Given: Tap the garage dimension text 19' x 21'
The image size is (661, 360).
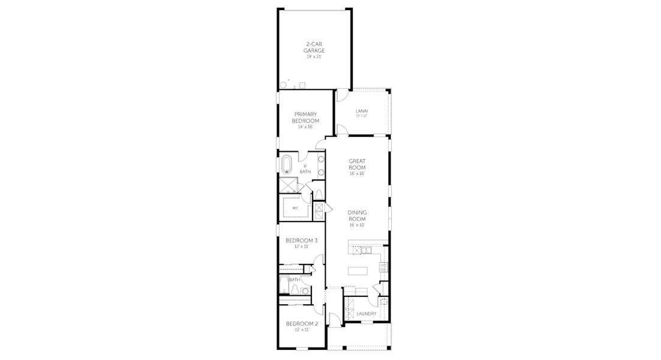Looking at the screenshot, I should pos(314,57).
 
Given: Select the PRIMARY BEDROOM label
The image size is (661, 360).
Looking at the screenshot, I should pos(305,117).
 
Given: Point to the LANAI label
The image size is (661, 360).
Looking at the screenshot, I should pos(361,111).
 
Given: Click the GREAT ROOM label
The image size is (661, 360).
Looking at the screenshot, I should pos(357,164).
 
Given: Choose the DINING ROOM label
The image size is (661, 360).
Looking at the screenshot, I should pos(357,215).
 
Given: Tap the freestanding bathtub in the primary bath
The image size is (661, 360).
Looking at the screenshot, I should pos(287,164).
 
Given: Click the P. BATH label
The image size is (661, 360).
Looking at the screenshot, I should pos(305,169).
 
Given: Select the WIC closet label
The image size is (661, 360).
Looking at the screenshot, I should pos(295,208).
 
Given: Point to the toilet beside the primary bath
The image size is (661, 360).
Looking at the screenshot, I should pos(319,193).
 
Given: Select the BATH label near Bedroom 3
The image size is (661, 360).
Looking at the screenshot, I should pos(294,280).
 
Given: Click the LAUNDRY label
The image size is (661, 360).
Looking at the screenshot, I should pos(366,314).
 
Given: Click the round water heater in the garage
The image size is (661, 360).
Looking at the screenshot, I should pos(283,85).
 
